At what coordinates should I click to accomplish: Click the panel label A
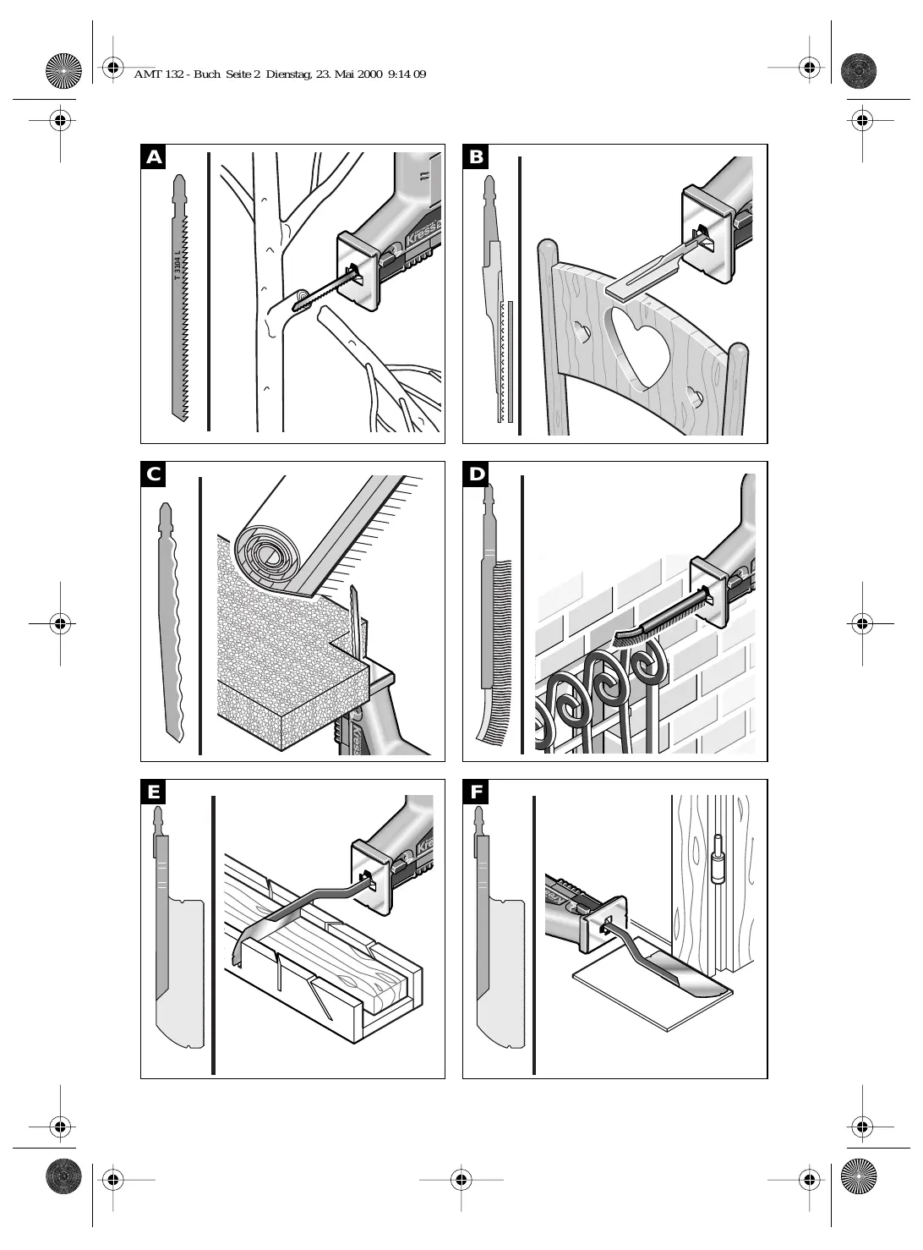[x=153, y=156]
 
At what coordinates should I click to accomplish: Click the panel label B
[x=476, y=156]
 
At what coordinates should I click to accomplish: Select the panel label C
[x=153, y=474]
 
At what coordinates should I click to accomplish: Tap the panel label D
[x=476, y=474]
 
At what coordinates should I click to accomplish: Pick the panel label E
[x=153, y=792]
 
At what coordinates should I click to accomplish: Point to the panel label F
[x=476, y=792]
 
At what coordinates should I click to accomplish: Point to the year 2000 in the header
[x=369, y=74]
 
